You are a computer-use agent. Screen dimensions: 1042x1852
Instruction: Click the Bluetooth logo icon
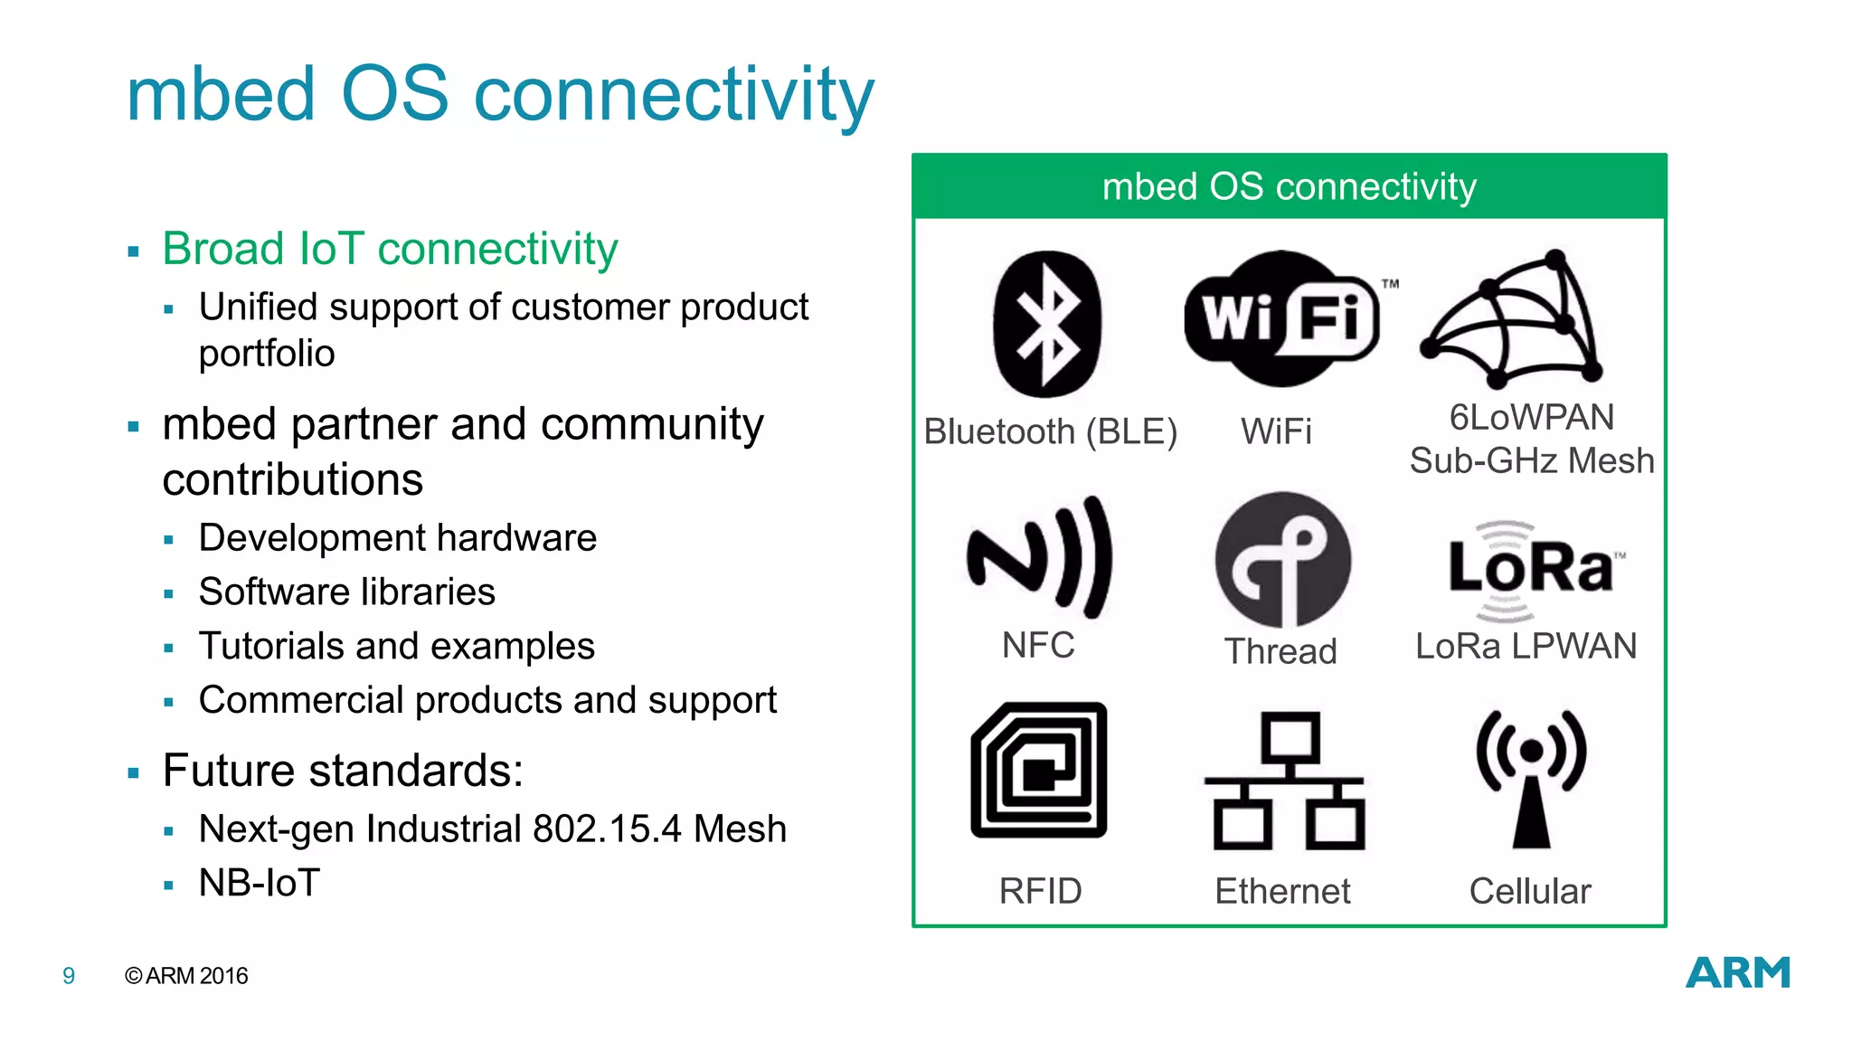(1047, 324)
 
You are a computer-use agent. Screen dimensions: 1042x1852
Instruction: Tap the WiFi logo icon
(1281, 318)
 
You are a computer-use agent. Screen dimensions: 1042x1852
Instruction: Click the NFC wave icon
(1040, 556)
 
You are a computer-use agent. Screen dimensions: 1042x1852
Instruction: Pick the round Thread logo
(1282, 560)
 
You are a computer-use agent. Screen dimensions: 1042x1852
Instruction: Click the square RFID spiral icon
(1039, 770)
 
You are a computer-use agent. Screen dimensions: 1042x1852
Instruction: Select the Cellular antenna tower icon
(1531, 779)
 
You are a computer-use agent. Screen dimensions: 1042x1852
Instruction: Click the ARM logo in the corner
(1737, 973)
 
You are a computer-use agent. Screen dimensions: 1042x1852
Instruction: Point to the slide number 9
(69, 976)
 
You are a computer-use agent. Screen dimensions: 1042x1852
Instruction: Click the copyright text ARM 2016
(186, 976)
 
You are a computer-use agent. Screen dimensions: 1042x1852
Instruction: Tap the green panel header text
(1289, 187)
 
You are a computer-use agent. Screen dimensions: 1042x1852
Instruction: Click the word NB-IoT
(260, 883)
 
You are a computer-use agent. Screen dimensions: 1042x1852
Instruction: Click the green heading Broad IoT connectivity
(390, 249)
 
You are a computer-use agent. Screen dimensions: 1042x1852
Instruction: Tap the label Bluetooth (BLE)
(1050, 432)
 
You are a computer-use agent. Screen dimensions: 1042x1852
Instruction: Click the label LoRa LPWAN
(1526, 647)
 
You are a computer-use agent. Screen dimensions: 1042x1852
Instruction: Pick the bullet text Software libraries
(347, 592)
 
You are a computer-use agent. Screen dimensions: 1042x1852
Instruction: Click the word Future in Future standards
(229, 772)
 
